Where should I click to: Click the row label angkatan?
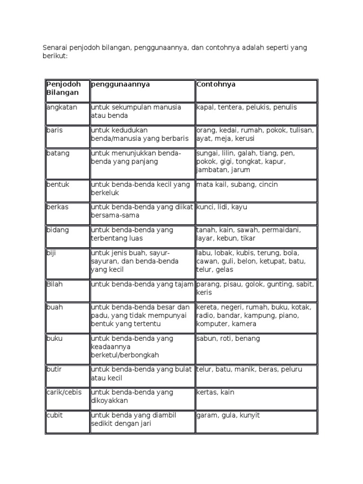tap(62, 107)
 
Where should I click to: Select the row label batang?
tap(58, 153)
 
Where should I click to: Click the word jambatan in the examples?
tap(211, 170)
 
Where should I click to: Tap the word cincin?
tap(268, 184)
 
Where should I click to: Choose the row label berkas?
tap(58, 207)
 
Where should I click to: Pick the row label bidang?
tap(58, 230)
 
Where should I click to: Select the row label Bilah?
tap(54, 284)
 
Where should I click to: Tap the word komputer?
tap(213, 324)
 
